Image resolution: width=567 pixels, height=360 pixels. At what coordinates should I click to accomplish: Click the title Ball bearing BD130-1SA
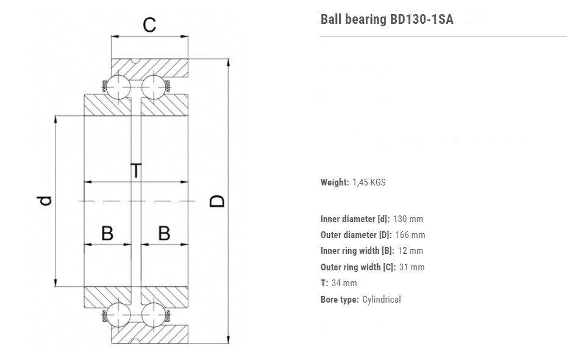tap(387, 19)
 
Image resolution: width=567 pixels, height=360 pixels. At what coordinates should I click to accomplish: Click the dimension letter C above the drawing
tap(149, 25)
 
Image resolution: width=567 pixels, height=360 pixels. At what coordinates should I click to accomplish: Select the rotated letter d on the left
tap(45, 201)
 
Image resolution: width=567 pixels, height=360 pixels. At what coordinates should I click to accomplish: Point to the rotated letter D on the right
tap(218, 201)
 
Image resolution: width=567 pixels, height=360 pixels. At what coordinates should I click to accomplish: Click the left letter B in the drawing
tap(107, 233)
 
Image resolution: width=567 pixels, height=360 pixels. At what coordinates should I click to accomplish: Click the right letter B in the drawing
tap(164, 233)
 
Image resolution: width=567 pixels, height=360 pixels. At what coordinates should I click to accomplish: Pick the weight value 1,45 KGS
tap(369, 182)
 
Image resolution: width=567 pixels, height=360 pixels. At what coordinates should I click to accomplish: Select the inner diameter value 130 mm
tap(408, 219)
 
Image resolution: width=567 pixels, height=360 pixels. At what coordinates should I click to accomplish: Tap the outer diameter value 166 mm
tap(410, 235)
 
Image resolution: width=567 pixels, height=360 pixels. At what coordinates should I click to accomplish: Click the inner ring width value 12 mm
tap(410, 251)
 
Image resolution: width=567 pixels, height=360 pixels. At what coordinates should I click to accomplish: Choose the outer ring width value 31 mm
tap(412, 267)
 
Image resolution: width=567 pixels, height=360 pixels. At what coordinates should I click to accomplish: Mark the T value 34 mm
tap(344, 283)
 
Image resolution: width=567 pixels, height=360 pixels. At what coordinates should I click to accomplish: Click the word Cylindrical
tap(381, 300)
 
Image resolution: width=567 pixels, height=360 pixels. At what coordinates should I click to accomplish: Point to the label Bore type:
tap(339, 300)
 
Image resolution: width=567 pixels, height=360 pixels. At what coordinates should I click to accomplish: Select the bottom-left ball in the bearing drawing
tap(119, 315)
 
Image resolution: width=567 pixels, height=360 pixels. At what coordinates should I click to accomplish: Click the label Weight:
tap(335, 182)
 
